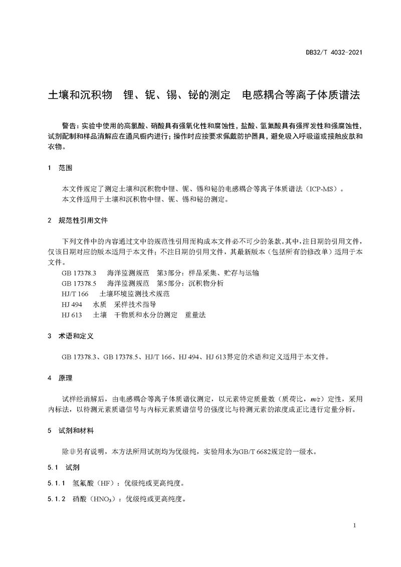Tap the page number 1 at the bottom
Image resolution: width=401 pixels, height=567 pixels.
point(354,525)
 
